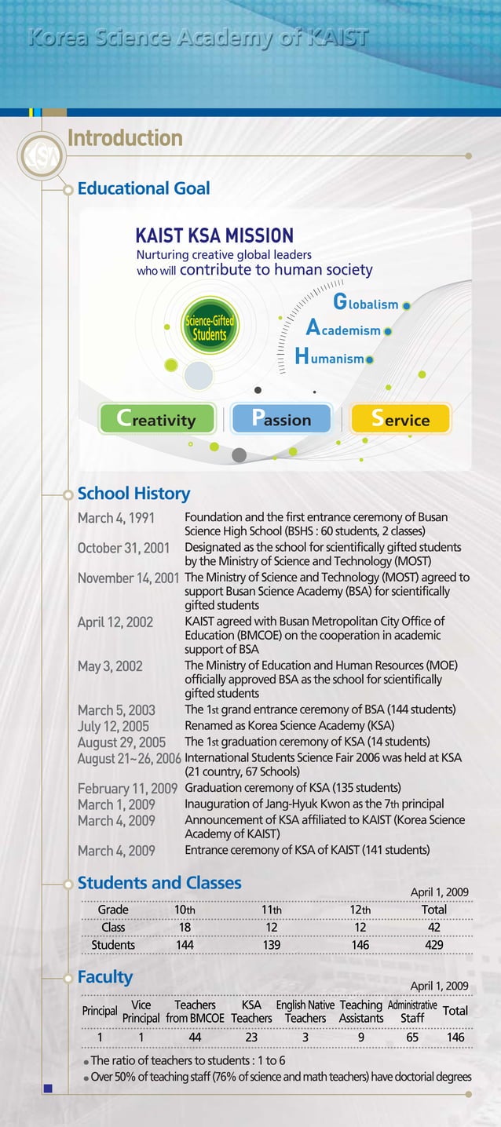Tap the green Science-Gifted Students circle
click(209, 328)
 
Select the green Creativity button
click(157, 419)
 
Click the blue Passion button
click(282, 419)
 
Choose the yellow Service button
click(400, 419)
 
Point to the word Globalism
click(367, 304)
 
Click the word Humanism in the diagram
click(330, 358)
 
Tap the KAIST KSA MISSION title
click(214, 235)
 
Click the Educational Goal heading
click(144, 188)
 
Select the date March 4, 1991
click(115, 518)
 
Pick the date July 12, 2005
click(113, 726)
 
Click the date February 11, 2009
click(127, 788)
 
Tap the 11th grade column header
click(271, 910)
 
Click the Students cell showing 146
click(360, 945)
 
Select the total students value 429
click(433, 945)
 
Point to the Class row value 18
click(185, 927)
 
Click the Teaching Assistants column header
click(361, 1012)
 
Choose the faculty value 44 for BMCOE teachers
click(195, 1038)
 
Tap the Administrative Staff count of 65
click(412, 1038)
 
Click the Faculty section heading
click(105, 977)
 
